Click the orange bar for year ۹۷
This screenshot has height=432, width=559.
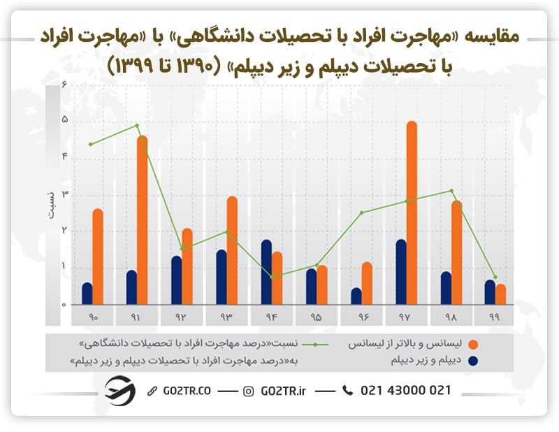412,213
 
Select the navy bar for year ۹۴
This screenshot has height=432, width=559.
266,273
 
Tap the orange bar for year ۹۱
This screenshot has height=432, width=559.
143,220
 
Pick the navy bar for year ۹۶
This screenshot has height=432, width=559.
356,296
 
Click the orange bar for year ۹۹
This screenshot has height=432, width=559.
501,294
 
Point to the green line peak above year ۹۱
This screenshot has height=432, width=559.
137,125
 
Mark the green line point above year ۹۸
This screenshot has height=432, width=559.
451,190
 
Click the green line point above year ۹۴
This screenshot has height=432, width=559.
272,276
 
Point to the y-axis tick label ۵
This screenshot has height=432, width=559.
65,120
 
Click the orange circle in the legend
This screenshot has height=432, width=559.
474,345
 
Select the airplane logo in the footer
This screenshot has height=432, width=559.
119,390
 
